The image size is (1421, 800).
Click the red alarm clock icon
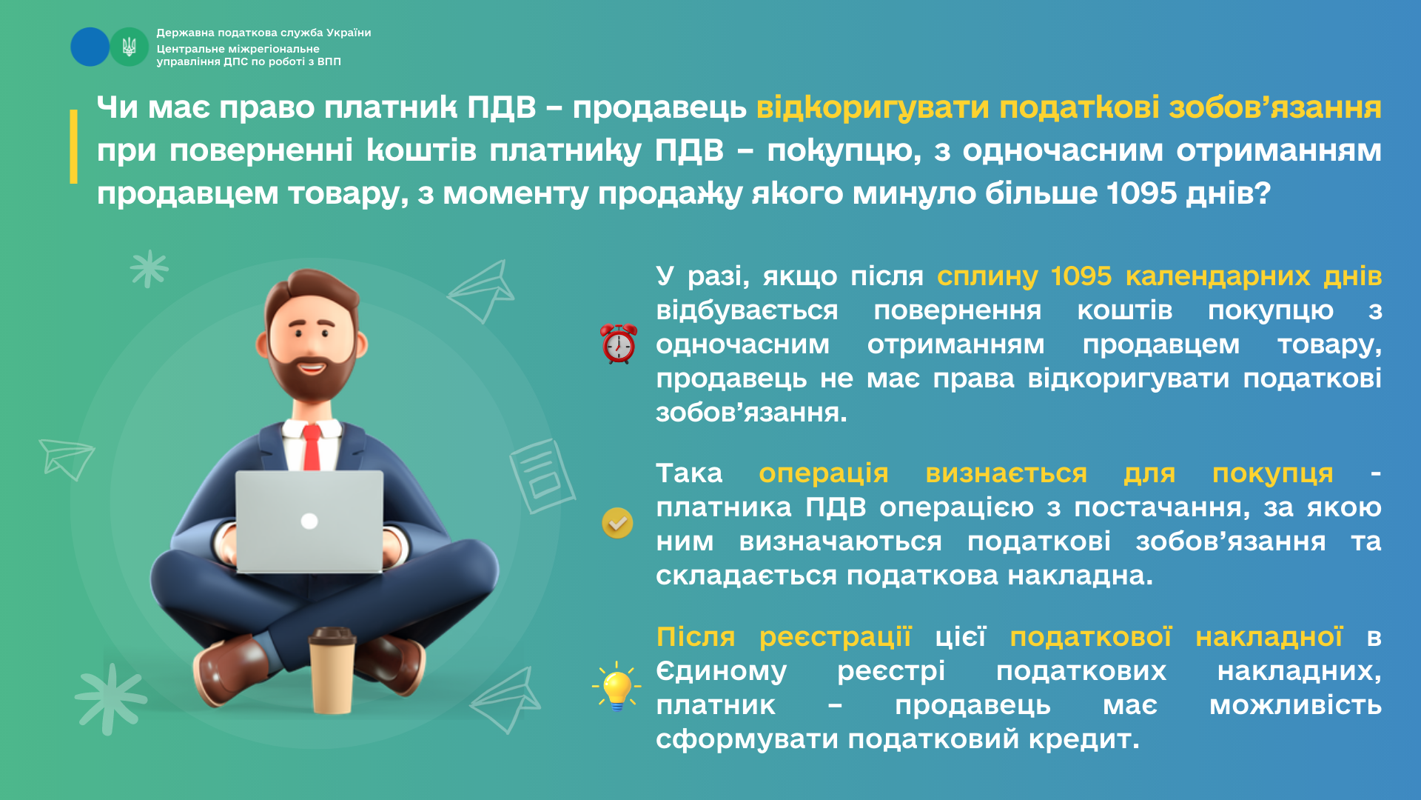pos(619,344)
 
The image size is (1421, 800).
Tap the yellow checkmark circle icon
pos(617,523)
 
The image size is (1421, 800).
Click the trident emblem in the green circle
pos(130,47)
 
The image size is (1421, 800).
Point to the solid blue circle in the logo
pos(90,47)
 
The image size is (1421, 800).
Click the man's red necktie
pos(312,447)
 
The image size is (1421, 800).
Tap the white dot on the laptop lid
pos(309,521)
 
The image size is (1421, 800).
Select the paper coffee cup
pos(331,670)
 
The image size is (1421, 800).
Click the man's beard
pos(311,370)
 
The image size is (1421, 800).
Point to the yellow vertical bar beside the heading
pos(73,146)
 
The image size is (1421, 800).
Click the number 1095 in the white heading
pos(1141,193)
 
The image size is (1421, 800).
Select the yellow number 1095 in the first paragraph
pos(1081,276)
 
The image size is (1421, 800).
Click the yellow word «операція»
pos(824,474)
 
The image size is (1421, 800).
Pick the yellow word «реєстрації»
pos(836,637)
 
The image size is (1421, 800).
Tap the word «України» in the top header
pos(349,33)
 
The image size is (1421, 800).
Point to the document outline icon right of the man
pos(542,476)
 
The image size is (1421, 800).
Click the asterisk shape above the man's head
pos(150,268)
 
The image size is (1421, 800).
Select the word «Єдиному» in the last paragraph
pos(721,672)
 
